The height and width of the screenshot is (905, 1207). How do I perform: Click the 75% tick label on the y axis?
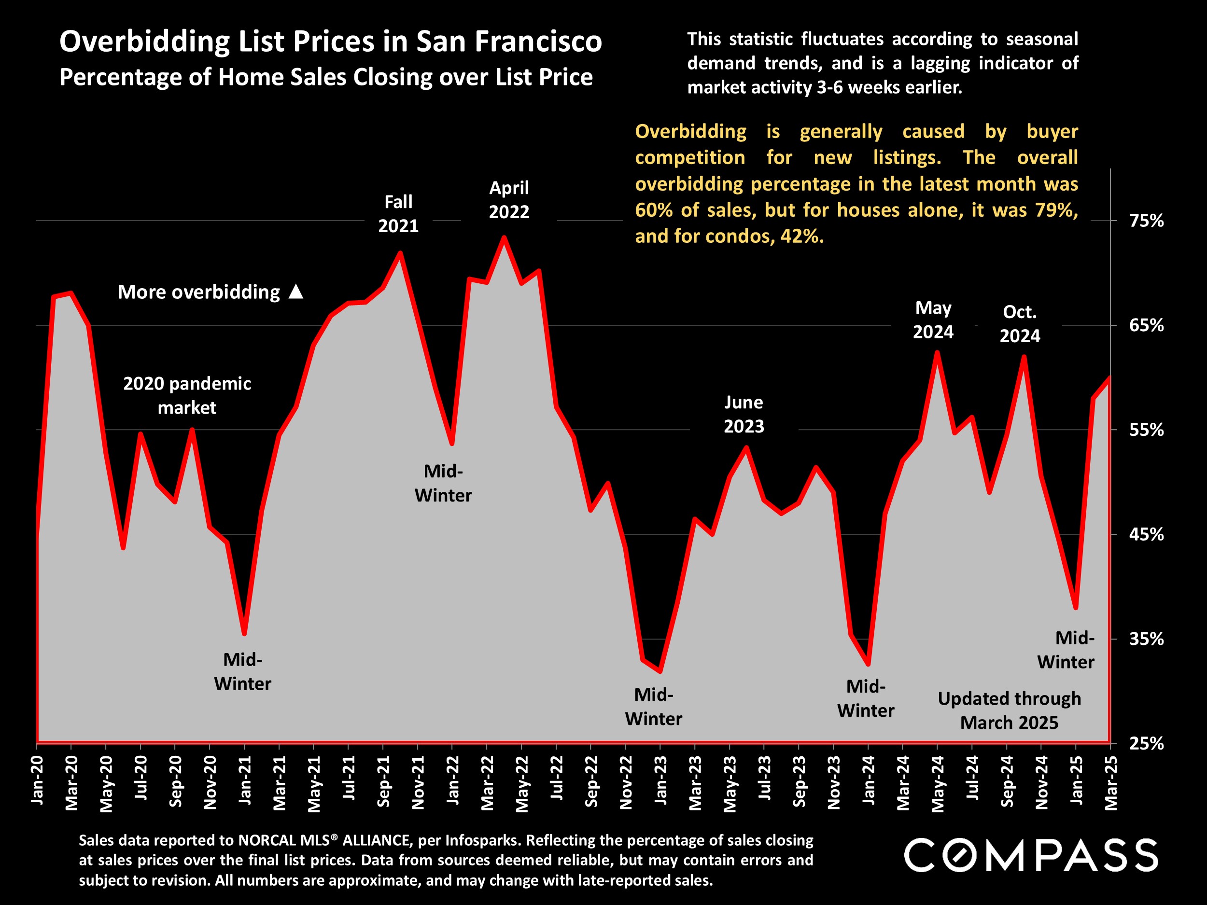(x=1147, y=221)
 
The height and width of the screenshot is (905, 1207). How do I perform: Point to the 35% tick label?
(x=1147, y=639)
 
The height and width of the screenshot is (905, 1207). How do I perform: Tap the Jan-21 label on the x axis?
(x=245, y=780)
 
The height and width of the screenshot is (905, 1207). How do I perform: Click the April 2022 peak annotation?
(x=508, y=200)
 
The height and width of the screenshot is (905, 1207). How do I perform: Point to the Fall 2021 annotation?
(x=398, y=214)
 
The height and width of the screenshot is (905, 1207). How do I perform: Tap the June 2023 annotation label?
(x=744, y=414)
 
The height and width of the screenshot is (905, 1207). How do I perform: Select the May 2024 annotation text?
(x=933, y=320)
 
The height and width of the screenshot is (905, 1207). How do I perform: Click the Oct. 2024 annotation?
(x=1019, y=323)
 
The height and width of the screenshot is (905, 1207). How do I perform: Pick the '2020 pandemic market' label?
(x=187, y=395)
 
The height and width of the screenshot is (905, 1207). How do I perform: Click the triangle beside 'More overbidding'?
(x=296, y=292)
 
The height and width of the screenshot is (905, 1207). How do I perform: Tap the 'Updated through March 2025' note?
(x=1009, y=710)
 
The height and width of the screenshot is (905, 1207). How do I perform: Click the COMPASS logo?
(x=1031, y=855)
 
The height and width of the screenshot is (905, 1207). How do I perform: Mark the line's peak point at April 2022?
(x=504, y=237)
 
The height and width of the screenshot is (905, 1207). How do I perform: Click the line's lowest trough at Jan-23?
(x=660, y=671)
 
